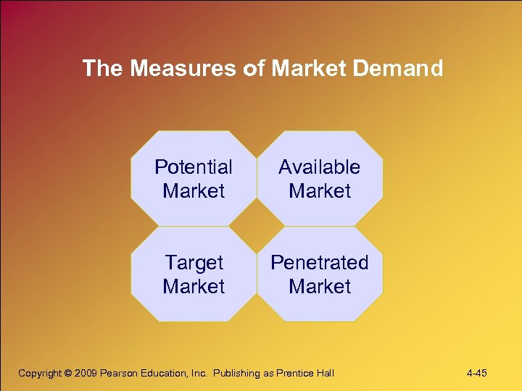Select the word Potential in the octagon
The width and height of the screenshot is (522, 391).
(x=194, y=167)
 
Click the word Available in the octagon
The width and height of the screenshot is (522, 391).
(x=319, y=167)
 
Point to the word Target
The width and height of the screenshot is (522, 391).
(x=194, y=263)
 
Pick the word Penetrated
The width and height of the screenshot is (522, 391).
(x=319, y=263)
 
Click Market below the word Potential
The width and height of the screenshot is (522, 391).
(x=194, y=191)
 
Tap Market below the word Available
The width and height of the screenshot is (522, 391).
(x=319, y=191)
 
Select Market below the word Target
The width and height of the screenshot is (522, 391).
(x=194, y=287)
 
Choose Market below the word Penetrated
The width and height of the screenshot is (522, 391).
(x=319, y=287)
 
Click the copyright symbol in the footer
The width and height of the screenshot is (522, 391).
(x=68, y=374)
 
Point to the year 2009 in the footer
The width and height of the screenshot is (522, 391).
(x=86, y=374)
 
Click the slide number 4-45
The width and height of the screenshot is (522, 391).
(x=477, y=374)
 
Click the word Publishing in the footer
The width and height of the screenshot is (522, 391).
(x=240, y=374)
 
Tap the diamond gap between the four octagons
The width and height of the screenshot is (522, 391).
(x=257, y=226)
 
